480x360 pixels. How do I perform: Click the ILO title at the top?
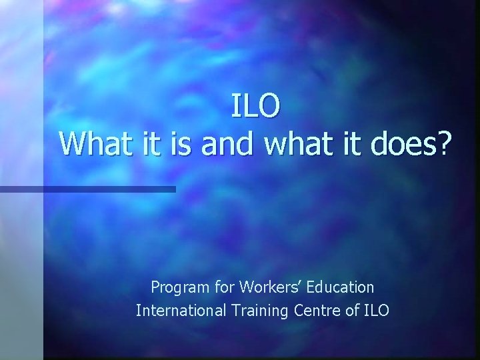point(257,107)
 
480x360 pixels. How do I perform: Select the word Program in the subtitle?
point(176,288)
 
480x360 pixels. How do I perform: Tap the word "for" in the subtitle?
point(215,288)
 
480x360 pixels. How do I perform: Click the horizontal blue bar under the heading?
point(87,190)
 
